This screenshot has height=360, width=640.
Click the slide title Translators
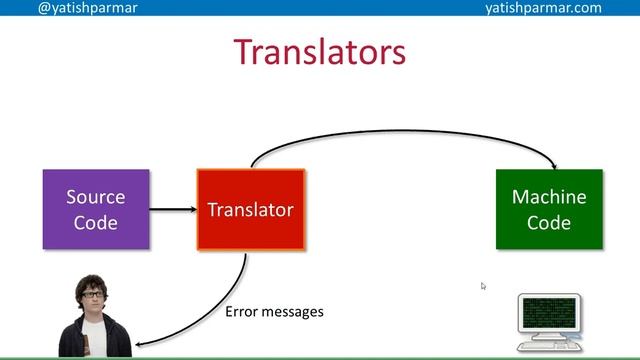[319, 51]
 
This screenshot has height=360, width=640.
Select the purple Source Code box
[96, 209]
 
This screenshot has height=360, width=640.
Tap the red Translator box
[250, 209]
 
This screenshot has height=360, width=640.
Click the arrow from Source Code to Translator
[172, 210]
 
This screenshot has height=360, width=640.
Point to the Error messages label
[274, 312]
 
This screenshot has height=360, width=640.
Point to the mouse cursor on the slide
[483, 286]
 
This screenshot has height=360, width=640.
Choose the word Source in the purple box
[96, 197]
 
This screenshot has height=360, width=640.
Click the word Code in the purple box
[96, 222]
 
